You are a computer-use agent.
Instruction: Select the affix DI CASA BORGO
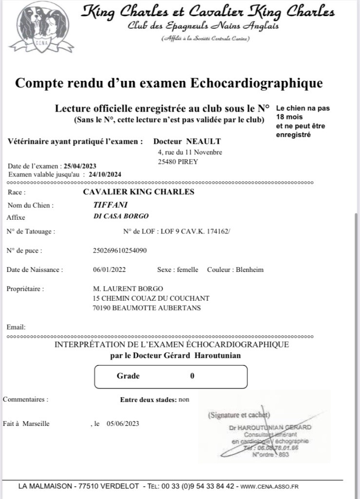[121, 216]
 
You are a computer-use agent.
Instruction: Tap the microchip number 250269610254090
[119, 251]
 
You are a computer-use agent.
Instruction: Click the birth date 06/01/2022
[109, 270]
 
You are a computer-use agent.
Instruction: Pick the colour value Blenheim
[249, 270]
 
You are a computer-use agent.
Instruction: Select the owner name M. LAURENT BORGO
[128, 288]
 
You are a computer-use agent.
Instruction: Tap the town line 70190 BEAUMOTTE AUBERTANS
[146, 308]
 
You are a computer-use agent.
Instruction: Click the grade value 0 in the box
[192, 376]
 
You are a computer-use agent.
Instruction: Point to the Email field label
[16, 327]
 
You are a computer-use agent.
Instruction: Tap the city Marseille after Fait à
[36, 423]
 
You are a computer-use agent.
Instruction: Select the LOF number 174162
[218, 232]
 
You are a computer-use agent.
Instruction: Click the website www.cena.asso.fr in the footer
[269, 486]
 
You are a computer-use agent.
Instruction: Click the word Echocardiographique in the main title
[255, 83]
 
